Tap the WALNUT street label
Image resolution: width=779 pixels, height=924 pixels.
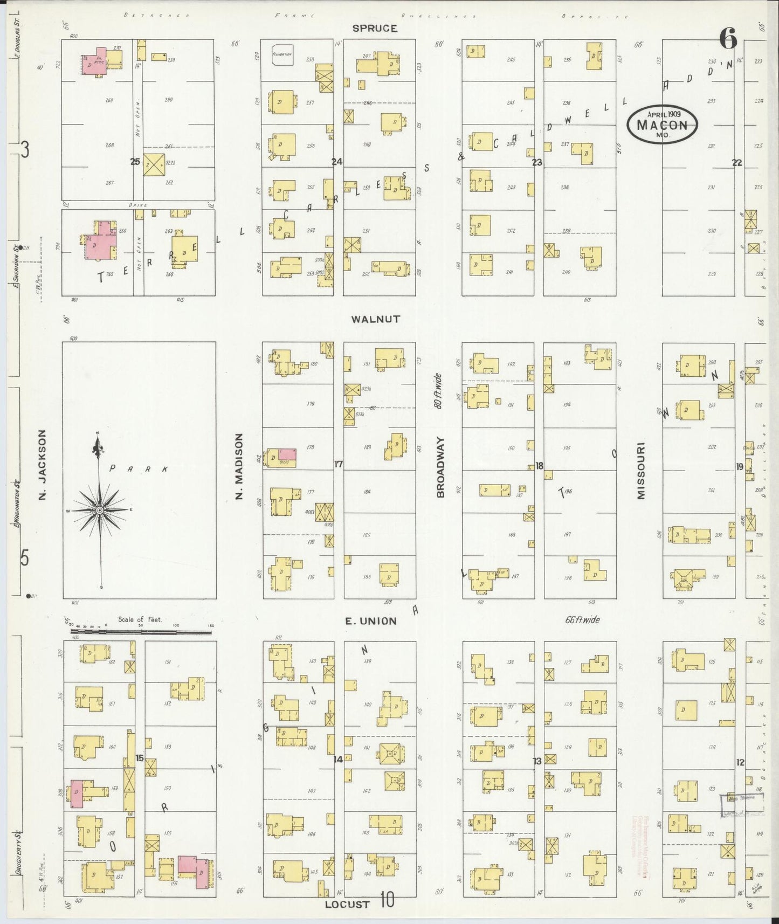(x=375, y=319)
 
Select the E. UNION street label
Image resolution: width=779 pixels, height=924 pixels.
(x=370, y=621)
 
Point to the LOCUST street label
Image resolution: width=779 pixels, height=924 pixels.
(x=347, y=904)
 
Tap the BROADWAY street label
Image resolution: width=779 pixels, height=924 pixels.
(x=440, y=467)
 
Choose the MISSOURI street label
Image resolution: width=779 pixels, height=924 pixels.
(x=641, y=471)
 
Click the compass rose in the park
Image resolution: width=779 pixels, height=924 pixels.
(x=100, y=509)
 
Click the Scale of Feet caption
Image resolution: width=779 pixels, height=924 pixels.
(x=140, y=619)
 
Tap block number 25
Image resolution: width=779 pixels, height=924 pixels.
(x=135, y=161)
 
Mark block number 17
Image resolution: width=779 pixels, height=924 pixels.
(x=339, y=464)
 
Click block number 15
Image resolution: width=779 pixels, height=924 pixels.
(x=139, y=758)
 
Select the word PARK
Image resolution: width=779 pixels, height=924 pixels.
(x=139, y=470)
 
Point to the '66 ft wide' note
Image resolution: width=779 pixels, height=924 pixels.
(x=583, y=620)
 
